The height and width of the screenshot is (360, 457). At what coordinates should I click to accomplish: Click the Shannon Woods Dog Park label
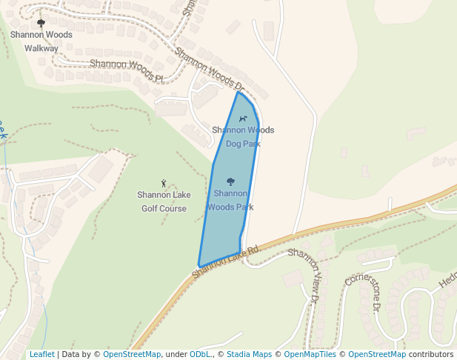(x=243, y=136)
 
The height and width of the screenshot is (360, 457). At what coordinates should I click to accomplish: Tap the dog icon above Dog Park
(x=242, y=119)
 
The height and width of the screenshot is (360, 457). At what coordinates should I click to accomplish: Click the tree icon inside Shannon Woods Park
(x=230, y=181)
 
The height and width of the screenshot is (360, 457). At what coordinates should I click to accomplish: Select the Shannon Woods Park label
(x=230, y=200)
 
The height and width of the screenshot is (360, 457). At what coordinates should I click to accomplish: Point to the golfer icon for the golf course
(x=164, y=183)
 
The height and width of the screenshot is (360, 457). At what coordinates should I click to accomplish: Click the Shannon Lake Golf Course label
(x=164, y=201)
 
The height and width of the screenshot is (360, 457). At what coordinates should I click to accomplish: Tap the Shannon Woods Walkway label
(x=41, y=41)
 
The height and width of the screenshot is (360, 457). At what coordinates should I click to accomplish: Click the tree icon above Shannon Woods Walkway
(x=41, y=24)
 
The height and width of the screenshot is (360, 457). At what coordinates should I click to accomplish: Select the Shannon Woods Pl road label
(x=126, y=71)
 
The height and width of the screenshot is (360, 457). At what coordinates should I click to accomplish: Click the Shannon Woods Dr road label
(x=215, y=72)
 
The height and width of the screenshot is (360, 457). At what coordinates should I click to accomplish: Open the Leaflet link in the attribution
(x=41, y=354)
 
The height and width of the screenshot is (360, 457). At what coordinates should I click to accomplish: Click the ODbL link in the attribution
(x=201, y=354)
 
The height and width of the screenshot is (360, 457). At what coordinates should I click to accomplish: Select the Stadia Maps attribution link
(x=249, y=354)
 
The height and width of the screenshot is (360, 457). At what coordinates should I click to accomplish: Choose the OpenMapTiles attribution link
(x=310, y=354)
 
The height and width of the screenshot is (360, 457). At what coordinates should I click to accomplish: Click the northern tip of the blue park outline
(x=238, y=92)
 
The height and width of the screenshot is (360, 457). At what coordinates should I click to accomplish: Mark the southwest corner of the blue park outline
(x=199, y=266)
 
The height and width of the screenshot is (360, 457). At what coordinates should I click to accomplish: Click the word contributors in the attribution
(x=431, y=354)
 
